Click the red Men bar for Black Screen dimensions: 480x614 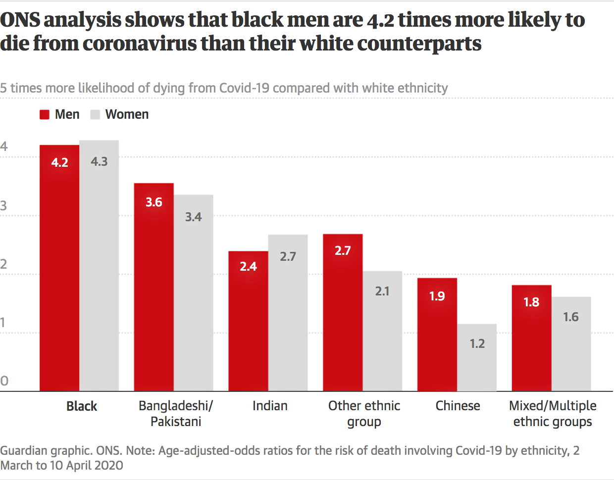[x=59, y=267]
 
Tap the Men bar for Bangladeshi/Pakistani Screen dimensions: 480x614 [x=153, y=287]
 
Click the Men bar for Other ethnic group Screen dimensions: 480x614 [x=343, y=312]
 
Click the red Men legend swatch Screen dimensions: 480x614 [x=45, y=115]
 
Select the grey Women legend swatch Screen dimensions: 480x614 [x=95, y=115]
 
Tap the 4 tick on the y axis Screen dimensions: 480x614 [x=4, y=146]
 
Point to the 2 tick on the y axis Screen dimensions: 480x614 [x=4, y=264]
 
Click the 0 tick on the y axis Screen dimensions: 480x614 [x=4, y=381]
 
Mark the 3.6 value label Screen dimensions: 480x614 [x=153, y=202]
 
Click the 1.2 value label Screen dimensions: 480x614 [x=477, y=343]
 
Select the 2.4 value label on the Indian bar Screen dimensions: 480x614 [x=248, y=266]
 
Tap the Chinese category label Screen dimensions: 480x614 [x=458, y=406]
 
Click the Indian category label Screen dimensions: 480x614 [x=270, y=406]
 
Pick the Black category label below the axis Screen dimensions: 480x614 [x=82, y=406]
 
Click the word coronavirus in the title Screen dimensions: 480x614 [x=140, y=44]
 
